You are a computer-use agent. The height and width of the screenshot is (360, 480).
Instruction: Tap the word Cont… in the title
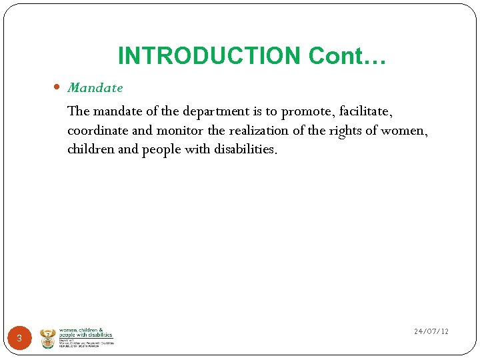pyautogui.click(x=347, y=56)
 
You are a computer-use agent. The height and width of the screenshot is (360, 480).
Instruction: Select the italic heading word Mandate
pyautogui.click(x=95, y=87)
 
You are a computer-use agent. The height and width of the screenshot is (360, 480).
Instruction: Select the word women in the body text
pyautogui.click(x=403, y=130)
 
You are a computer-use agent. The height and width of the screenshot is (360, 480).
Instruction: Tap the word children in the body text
pyautogui.click(x=91, y=149)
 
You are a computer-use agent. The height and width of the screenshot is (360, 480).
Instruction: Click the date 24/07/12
pyautogui.click(x=431, y=331)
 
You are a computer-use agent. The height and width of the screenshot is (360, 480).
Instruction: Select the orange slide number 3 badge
pyautogui.click(x=19, y=339)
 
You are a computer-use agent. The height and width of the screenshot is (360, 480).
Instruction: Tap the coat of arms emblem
pyautogui.click(x=48, y=338)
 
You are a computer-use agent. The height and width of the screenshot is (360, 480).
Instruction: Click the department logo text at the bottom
pyautogui.click(x=86, y=337)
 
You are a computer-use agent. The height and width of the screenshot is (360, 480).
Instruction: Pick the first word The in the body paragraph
pyautogui.click(x=78, y=110)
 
